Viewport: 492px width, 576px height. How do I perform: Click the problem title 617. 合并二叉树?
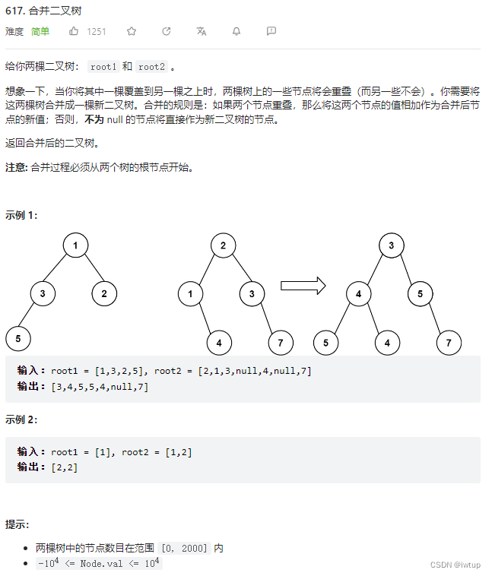pos(44,11)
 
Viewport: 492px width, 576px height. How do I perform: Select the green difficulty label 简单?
pos(40,31)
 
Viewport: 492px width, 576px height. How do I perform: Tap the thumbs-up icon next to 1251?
pos(74,31)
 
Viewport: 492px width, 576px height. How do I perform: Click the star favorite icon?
pos(132,31)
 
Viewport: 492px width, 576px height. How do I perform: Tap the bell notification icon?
pos(236,31)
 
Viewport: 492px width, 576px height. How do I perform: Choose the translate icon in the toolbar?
pos(201,31)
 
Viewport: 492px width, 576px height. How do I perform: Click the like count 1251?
pos(97,31)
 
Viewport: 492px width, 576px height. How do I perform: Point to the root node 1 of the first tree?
pos(76,245)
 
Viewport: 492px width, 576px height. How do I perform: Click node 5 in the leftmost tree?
pos(17,337)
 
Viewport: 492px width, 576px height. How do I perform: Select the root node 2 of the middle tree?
pos(223,245)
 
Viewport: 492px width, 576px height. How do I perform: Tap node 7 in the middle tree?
pos(281,343)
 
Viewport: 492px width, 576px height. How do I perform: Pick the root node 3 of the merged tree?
pos(391,245)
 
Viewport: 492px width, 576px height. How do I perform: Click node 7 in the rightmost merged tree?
pos(449,343)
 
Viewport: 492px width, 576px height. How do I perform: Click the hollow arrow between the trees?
pos(303,286)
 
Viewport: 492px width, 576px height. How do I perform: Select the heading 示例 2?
pos(21,419)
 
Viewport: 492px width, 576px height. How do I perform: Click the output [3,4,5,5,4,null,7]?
pos(100,387)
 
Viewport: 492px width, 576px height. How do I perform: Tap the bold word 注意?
pos(16,167)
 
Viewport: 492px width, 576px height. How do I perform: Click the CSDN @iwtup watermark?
pos(455,565)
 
